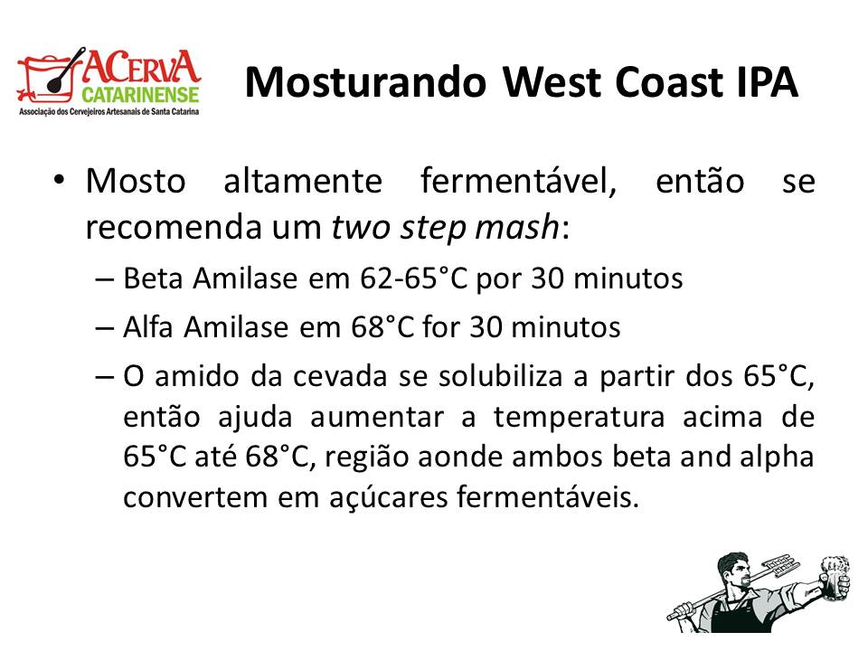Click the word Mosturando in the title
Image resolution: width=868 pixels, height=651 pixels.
click(x=365, y=82)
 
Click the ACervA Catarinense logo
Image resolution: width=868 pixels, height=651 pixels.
click(x=109, y=81)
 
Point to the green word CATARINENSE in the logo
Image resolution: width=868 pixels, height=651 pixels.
click(x=141, y=95)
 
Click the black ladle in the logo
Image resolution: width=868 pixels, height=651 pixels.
click(x=65, y=71)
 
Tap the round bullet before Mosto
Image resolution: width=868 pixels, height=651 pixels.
click(x=60, y=180)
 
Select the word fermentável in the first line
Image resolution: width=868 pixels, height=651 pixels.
click(x=518, y=181)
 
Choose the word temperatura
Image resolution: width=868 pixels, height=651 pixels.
click(x=579, y=417)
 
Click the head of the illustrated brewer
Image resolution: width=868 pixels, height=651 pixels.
click(x=733, y=571)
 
